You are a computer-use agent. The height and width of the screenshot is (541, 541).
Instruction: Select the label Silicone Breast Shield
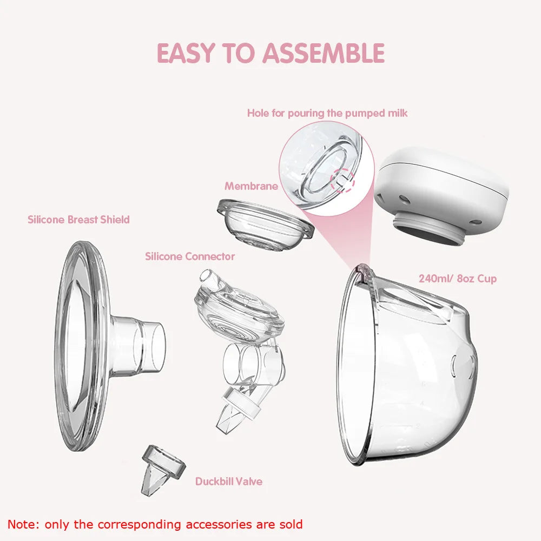coord(78,220)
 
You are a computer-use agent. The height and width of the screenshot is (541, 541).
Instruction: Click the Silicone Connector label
coord(190,256)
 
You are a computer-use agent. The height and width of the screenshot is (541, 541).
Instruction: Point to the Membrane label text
coord(251,186)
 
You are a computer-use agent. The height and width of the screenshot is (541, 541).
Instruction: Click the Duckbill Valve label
coord(229,481)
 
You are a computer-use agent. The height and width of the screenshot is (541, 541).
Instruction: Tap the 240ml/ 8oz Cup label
coord(457,279)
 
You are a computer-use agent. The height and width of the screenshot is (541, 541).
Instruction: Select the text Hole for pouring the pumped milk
coord(327,113)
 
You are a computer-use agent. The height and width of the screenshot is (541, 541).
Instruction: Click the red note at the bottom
coord(155,524)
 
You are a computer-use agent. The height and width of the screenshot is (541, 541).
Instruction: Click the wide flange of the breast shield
coord(81,346)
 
